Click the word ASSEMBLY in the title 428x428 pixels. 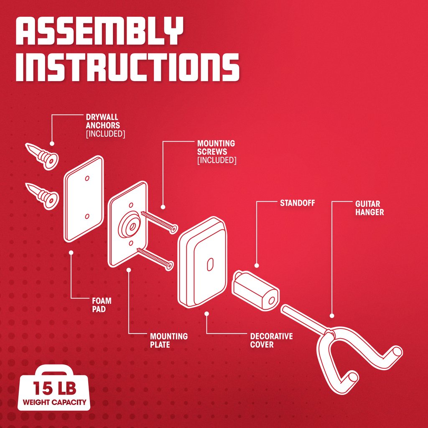[x=99, y=31]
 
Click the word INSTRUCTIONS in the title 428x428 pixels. [x=127, y=67]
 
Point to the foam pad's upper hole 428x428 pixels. [x=87, y=178]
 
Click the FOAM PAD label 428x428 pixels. [x=102, y=305]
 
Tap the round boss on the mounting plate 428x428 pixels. [x=130, y=224]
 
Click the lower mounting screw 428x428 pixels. [x=155, y=259]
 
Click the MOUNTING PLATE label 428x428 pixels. [x=169, y=340]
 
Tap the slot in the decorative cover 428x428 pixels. [x=210, y=265]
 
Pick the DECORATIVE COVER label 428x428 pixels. [x=271, y=340]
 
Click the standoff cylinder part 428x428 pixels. [x=255, y=291]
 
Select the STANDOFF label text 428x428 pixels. [x=298, y=203]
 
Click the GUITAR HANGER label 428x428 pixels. [x=369, y=208]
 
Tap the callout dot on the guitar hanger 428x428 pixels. [x=332, y=316]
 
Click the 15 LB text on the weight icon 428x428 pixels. [x=55, y=388]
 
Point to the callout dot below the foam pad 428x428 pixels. [x=71, y=252]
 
